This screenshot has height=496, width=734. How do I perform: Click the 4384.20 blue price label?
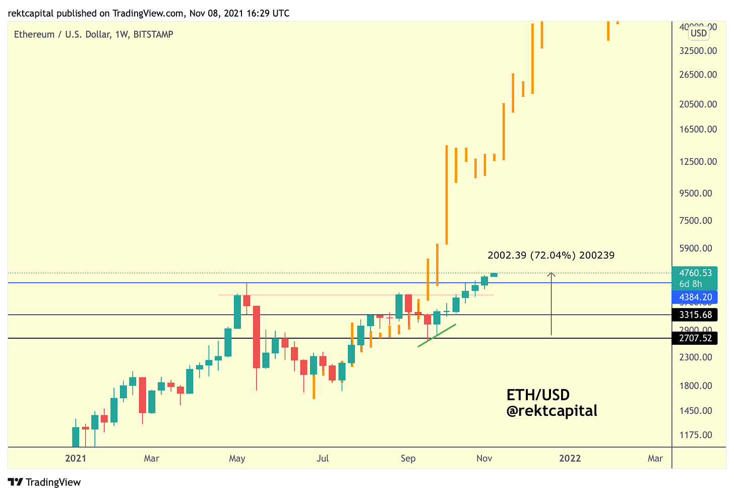coord(695,297)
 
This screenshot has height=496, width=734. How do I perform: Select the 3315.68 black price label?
coord(695,315)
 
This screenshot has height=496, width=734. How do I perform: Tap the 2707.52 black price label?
coord(695,338)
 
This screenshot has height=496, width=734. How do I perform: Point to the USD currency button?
coord(699,34)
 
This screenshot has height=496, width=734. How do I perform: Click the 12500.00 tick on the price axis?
coord(698,162)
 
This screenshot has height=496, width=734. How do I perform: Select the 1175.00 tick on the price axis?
coord(696,435)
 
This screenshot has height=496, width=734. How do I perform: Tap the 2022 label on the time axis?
coord(570,458)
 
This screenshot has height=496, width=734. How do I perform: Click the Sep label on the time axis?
coord(408,458)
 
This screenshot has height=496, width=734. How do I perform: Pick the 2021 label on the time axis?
coord(76,458)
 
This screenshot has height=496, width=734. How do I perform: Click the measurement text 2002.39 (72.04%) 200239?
coord(551,256)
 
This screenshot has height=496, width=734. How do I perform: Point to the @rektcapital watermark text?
coord(552,411)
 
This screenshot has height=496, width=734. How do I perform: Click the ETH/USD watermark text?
coord(538,395)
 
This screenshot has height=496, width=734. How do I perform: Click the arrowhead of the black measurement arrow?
coord(552,275)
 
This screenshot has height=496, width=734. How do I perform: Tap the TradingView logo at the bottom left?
coord(44,482)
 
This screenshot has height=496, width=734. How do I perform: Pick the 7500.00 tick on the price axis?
coord(696,221)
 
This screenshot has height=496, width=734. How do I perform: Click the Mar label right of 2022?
coord(655,458)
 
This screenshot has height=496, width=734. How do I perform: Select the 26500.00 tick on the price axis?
coord(698,75)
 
